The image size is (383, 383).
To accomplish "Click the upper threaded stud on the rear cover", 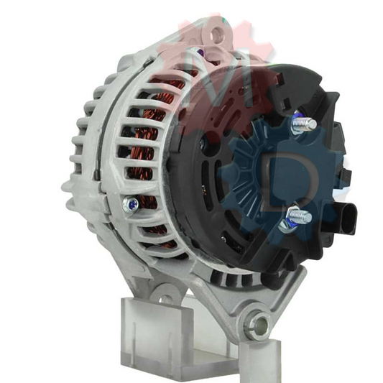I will [305, 124].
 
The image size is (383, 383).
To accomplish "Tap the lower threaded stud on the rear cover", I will [301, 214].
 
